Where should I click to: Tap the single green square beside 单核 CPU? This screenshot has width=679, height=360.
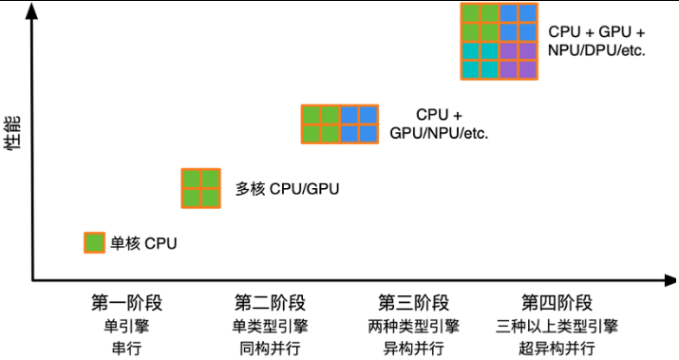[x=94, y=242]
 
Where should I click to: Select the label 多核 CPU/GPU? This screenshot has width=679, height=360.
[x=287, y=188]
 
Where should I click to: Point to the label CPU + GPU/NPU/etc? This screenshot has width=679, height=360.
[x=439, y=123]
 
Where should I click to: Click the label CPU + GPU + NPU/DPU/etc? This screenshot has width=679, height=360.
[x=597, y=40]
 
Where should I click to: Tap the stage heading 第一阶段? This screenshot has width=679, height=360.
[x=126, y=303]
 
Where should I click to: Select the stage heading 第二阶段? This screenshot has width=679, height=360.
[x=270, y=303]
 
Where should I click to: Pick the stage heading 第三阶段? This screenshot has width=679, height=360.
[x=413, y=303]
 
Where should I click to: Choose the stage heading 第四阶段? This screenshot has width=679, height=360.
[x=556, y=303]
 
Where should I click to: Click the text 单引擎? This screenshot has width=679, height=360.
[x=126, y=326]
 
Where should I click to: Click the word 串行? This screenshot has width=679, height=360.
[x=126, y=348]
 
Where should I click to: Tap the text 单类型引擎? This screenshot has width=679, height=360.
[x=270, y=326]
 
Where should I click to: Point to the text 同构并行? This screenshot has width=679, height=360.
[x=270, y=348]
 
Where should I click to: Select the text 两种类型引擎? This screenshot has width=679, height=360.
[x=413, y=326]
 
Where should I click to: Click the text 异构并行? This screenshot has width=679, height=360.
[x=413, y=348]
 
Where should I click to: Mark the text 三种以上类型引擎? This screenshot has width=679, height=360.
[x=556, y=326]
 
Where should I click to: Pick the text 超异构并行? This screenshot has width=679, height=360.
[x=556, y=348]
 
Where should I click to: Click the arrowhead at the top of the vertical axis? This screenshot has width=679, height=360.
[x=32, y=9]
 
